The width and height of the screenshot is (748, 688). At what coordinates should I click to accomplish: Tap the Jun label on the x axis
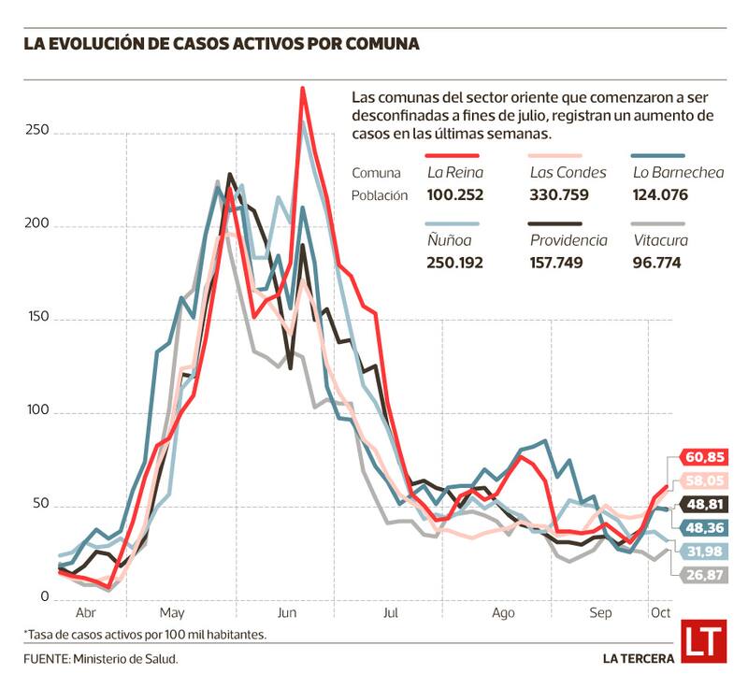pos(287,613)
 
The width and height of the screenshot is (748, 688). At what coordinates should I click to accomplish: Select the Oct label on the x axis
pos(660,613)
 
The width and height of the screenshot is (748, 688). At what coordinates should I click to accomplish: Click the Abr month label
pos(85,613)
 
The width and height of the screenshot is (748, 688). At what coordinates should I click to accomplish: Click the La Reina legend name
pos(453,172)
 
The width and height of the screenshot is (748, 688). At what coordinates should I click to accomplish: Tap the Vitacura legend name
pos(660,240)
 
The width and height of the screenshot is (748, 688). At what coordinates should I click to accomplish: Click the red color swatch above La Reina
pos(453,156)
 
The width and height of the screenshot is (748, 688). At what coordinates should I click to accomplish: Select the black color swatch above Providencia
pos(555,224)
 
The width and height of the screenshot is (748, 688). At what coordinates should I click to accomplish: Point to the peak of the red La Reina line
pos(302,89)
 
